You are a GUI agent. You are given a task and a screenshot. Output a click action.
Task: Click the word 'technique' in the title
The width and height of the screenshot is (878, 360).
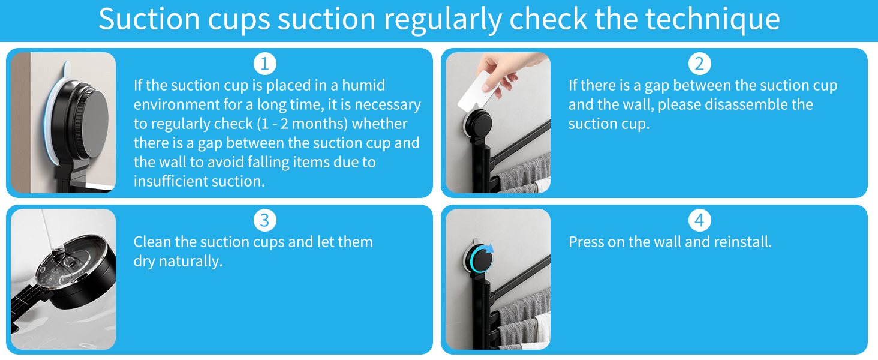712,19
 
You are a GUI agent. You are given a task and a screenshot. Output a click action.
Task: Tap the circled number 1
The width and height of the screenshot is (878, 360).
265,64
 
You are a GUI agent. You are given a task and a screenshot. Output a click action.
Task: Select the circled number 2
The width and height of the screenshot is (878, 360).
700,64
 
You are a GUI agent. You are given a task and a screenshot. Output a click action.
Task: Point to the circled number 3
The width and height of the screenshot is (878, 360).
265,220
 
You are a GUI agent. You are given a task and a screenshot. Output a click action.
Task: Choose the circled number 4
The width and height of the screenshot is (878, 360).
700,220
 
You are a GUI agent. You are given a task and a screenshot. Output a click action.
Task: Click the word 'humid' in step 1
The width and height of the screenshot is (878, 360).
363,85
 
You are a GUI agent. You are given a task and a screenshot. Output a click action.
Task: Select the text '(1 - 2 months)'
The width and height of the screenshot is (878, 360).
302,124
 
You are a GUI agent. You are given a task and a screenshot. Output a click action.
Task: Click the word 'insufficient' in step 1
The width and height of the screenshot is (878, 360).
170,181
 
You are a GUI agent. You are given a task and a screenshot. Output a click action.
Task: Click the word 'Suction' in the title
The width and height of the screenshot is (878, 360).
149,19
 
